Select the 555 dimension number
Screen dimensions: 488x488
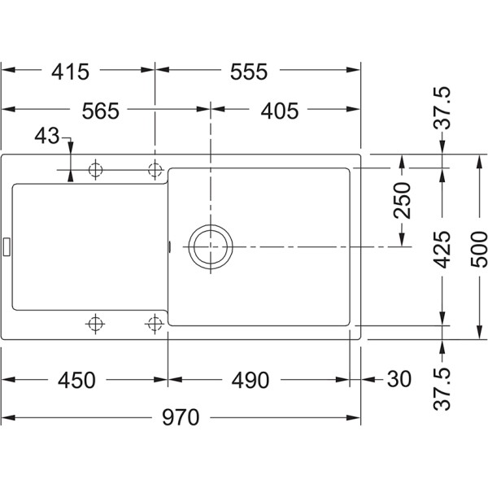[249, 72]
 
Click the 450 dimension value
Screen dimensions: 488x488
[79, 380]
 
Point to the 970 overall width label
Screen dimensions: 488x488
[181, 418]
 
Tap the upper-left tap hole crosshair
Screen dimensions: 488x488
[96, 169]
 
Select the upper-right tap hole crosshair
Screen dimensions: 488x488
[154, 169]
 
